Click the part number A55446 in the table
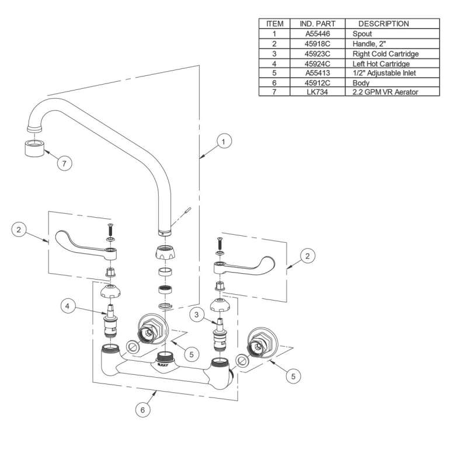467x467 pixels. [x=318, y=34]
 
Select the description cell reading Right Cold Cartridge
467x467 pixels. [x=385, y=54]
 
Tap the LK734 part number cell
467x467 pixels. [x=318, y=92]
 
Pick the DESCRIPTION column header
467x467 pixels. [x=384, y=24]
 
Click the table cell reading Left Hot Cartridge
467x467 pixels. [x=381, y=64]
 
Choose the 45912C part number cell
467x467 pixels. [x=318, y=83]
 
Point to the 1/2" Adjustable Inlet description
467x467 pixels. [x=384, y=73]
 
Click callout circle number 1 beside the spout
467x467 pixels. [x=224, y=141]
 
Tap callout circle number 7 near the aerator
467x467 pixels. [x=64, y=163]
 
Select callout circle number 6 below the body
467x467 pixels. [x=142, y=410]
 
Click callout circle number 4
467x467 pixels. [x=68, y=306]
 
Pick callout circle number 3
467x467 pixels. [x=197, y=315]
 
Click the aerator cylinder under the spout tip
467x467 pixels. [x=34, y=148]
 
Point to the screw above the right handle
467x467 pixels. [x=220, y=243]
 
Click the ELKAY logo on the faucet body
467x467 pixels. [x=163, y=364]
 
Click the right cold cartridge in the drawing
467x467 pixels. [x=219, y=334]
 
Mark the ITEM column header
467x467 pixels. [x=274, y=24]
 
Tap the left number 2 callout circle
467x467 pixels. [x=19, y=229]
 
